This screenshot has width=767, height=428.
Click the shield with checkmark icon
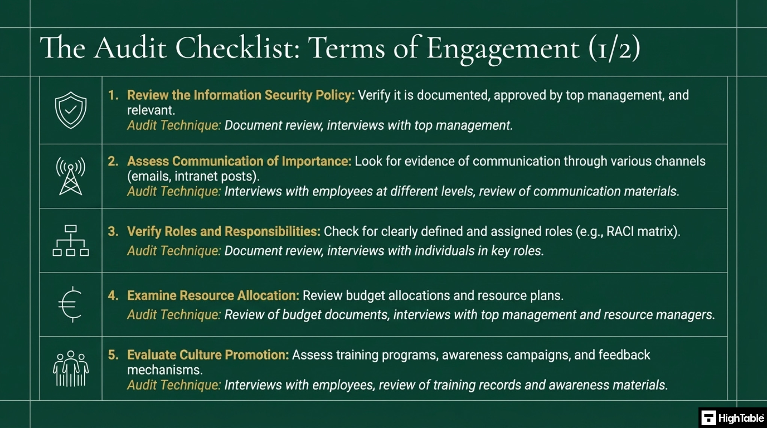point(70,110)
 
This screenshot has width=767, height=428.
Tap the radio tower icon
point(70,176)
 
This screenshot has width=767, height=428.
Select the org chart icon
point(70,240)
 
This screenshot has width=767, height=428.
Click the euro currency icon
point(70,304)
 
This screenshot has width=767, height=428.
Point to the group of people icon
point(70,368)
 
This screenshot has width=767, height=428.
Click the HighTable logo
point(733,418)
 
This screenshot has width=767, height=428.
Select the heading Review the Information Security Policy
point(240,95)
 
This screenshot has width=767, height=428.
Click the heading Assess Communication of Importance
point(239,161)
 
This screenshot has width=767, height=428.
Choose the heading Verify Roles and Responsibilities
point(224,231)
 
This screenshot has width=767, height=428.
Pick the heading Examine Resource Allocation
point(213,295)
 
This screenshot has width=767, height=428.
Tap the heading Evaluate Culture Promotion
point(208,355)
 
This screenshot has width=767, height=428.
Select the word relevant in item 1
point(151,110)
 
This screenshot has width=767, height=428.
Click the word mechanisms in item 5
point(164,370)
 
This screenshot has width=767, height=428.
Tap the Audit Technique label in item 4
point(174,315)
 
